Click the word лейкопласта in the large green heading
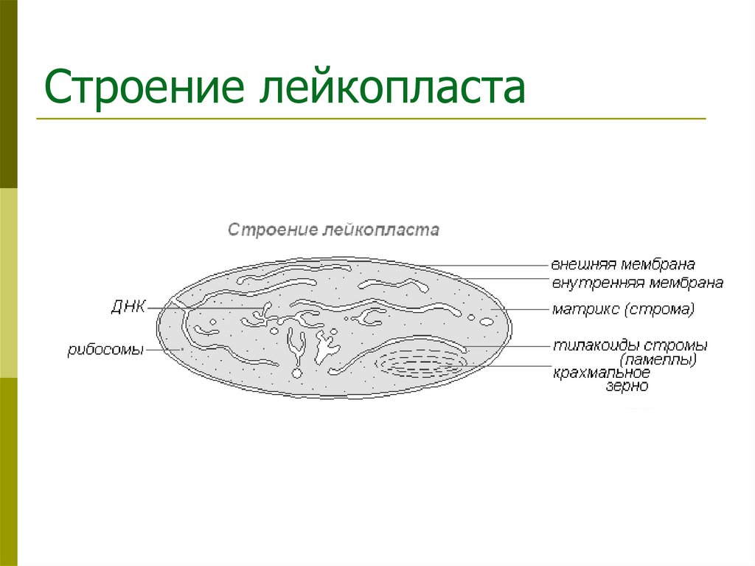coord(391,89)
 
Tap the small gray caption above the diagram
coord(333,229)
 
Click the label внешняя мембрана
coord(624,264)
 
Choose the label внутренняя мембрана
coord(637,283)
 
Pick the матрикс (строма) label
coord(623,309)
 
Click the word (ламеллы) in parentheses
coord(658,360)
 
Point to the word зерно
coord(627,386)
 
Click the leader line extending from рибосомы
coord(162,350)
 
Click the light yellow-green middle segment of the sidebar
coord(8,283)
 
